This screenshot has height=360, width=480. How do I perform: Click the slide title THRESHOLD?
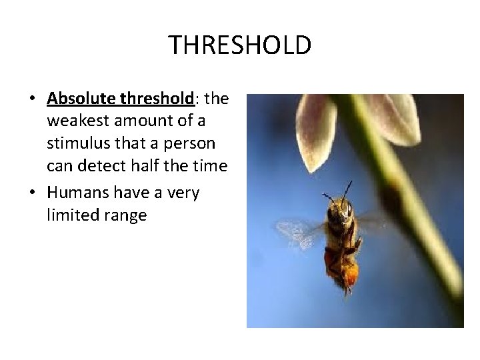click(240, 45)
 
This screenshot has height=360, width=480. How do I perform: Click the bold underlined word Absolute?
click(83, 99)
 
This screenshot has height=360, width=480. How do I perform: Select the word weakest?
click(76, 122)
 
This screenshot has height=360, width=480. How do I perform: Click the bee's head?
click(339, 211)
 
